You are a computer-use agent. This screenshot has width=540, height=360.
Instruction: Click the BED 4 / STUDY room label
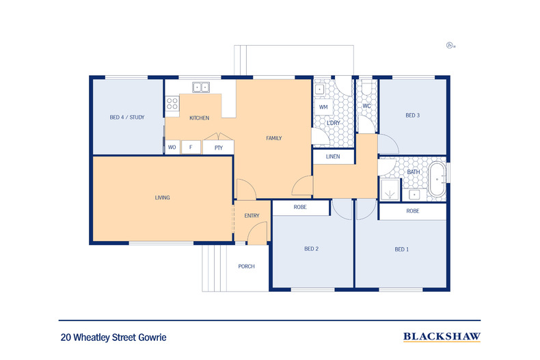tap(127, 117)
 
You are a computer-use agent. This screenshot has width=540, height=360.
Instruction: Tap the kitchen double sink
tap(201, 87)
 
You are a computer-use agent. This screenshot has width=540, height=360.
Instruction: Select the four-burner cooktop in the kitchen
tap(172, 104)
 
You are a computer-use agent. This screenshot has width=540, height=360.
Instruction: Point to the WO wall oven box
tap(172, 148)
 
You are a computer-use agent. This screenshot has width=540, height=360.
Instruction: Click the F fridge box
tap(191, 148)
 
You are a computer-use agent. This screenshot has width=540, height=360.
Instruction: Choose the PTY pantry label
tap(219, 148)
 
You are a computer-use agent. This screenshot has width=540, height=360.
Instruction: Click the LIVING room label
tap(162, 197)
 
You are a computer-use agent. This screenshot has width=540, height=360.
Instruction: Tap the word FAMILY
tap(274, 138)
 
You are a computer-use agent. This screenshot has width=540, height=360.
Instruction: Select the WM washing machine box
tap(324, 107)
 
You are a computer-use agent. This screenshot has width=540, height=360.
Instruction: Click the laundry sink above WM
tap(320, 89)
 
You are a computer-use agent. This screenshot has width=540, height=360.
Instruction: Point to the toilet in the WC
tap(366, 87)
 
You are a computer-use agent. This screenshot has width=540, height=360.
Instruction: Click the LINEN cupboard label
tap(333, 156)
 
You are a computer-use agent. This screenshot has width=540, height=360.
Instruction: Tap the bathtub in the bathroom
tap(437, 179)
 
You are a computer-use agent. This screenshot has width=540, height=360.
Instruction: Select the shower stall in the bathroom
tap(390, 190)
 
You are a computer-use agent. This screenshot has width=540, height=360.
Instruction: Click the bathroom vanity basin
tap(415, 195)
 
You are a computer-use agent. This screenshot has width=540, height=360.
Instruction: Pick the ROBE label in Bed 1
tap(413, 211)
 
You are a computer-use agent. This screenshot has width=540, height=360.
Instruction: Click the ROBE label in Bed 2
tap(300, 207)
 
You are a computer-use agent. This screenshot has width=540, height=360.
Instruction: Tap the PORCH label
tap(247, 266)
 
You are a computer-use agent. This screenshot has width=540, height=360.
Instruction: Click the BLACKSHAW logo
tap(442, 337)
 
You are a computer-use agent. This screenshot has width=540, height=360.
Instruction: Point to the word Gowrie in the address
tap(152, 337)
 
